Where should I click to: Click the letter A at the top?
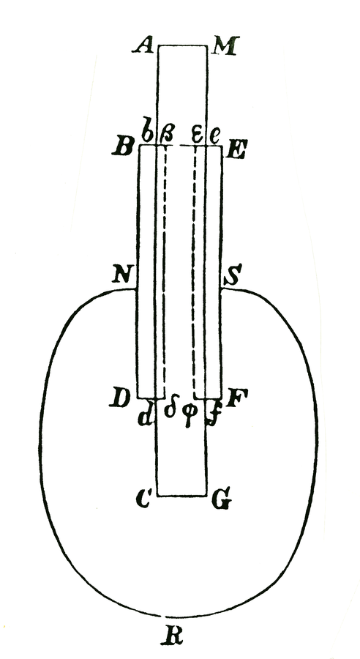[143, 45]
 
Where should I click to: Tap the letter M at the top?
[225, 45]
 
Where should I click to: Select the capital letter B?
[123, 147]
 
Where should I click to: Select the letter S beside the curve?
[230, 277]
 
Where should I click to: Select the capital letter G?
[222, 501]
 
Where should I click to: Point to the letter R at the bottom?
[172, 637]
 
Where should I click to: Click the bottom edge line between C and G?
[182, 496]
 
